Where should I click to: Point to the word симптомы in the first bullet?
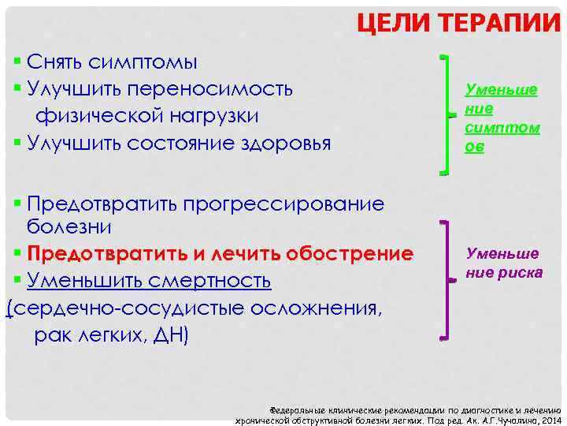(x=143, y=62)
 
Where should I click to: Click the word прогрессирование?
(x=283, y=204)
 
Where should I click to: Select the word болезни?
(x=69, y=227)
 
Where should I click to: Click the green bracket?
(x=447, y=115)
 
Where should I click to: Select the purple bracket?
(x=446, y=276)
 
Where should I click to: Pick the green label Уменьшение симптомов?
(x=502, y=118)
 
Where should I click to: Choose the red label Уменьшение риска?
(x=503, y=263)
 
